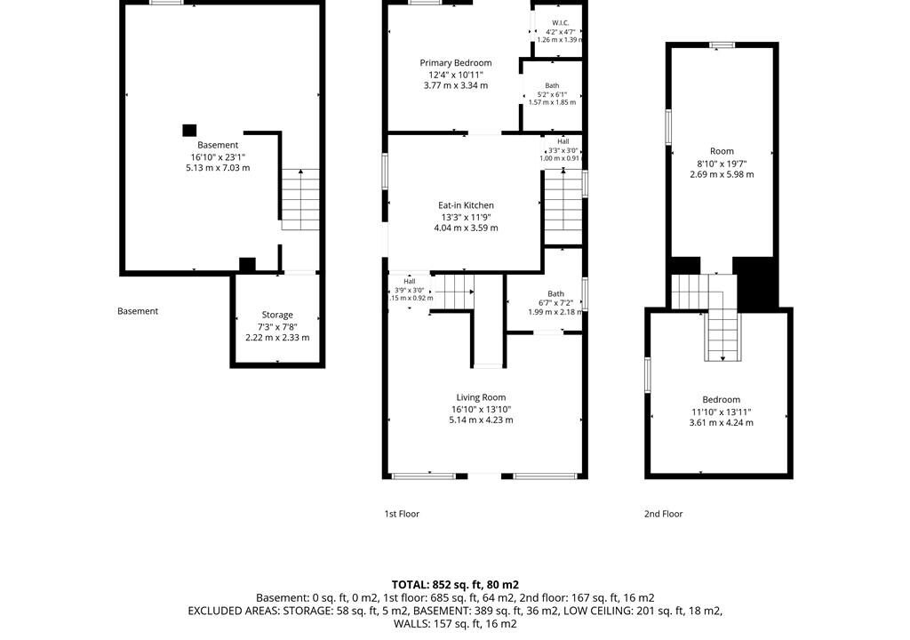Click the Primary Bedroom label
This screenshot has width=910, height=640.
456,63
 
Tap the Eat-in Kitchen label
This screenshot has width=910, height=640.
466,205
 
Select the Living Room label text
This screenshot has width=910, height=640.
481,397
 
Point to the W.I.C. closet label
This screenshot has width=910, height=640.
560,23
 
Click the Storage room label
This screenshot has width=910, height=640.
277,315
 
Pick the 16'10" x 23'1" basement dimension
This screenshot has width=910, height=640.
218,156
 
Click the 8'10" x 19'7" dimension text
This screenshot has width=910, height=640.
722,164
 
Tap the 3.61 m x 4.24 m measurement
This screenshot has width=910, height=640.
721,423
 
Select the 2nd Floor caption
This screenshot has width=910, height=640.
663,514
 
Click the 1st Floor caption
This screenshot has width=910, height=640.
402,514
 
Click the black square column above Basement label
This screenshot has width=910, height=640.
189,130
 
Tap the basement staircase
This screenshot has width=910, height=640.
300,199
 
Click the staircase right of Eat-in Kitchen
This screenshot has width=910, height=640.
563,207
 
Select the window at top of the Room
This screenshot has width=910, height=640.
722,44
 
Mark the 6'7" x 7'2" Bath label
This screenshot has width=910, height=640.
555,294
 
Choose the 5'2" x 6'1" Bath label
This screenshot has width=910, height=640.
552,85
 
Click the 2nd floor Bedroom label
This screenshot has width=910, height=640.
721,400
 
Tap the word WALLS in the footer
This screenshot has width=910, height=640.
410,624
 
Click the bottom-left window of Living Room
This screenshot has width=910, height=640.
424,476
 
